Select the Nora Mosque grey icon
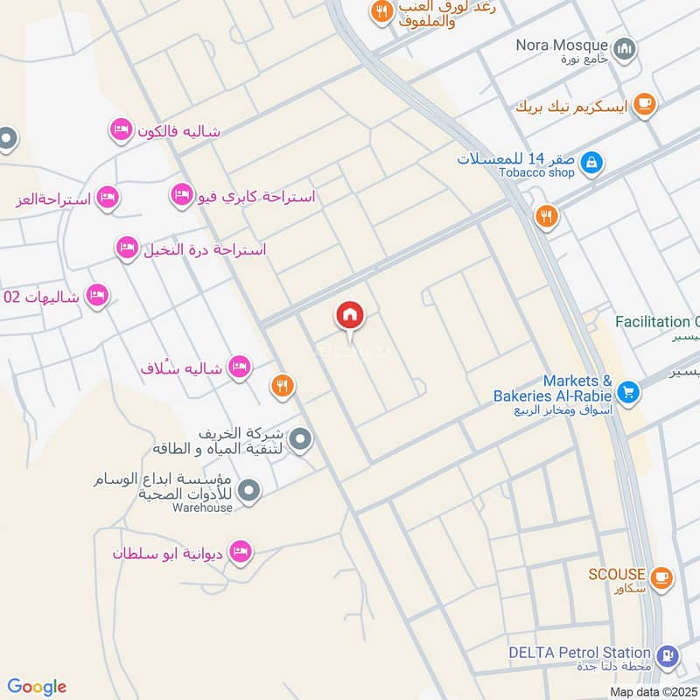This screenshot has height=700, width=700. (624, 49)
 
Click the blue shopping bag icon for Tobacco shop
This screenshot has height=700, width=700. (591, 162)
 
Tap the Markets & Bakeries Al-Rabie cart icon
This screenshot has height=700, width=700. (626, 391)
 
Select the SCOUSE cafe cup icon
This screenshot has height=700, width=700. (661, 577)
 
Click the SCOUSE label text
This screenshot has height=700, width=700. (617, 574)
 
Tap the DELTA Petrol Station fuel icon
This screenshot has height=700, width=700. (668, 655)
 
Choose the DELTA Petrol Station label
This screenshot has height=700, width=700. (579, 653)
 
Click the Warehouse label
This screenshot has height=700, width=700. (202, 507)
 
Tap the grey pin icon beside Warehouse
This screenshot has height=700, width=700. (249, 492)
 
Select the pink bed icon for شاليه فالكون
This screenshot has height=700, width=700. (121, 131)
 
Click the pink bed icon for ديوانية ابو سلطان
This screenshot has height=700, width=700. (239, 552)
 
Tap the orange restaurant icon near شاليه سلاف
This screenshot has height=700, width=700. (281, 384)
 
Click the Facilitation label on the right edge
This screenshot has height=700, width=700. (657, 322)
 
